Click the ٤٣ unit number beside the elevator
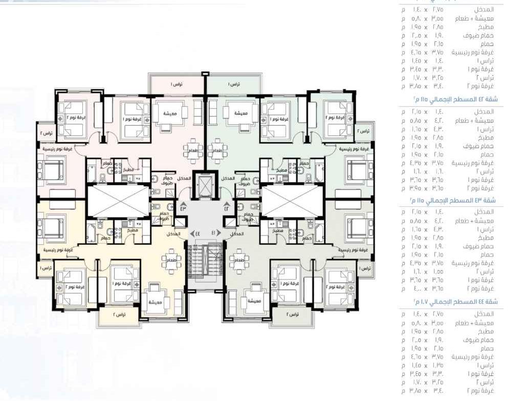(x=183, y=208)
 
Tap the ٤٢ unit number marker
(x=227, y=208)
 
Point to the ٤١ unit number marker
(x=214, y=233)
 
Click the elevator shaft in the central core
(x=205, y=187)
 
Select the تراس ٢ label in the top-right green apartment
(x=364, y=131)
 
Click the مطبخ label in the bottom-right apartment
(x=279, y=230)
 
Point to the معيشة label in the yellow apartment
(x=156, y=302)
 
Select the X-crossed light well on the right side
(x=292, y=201)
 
